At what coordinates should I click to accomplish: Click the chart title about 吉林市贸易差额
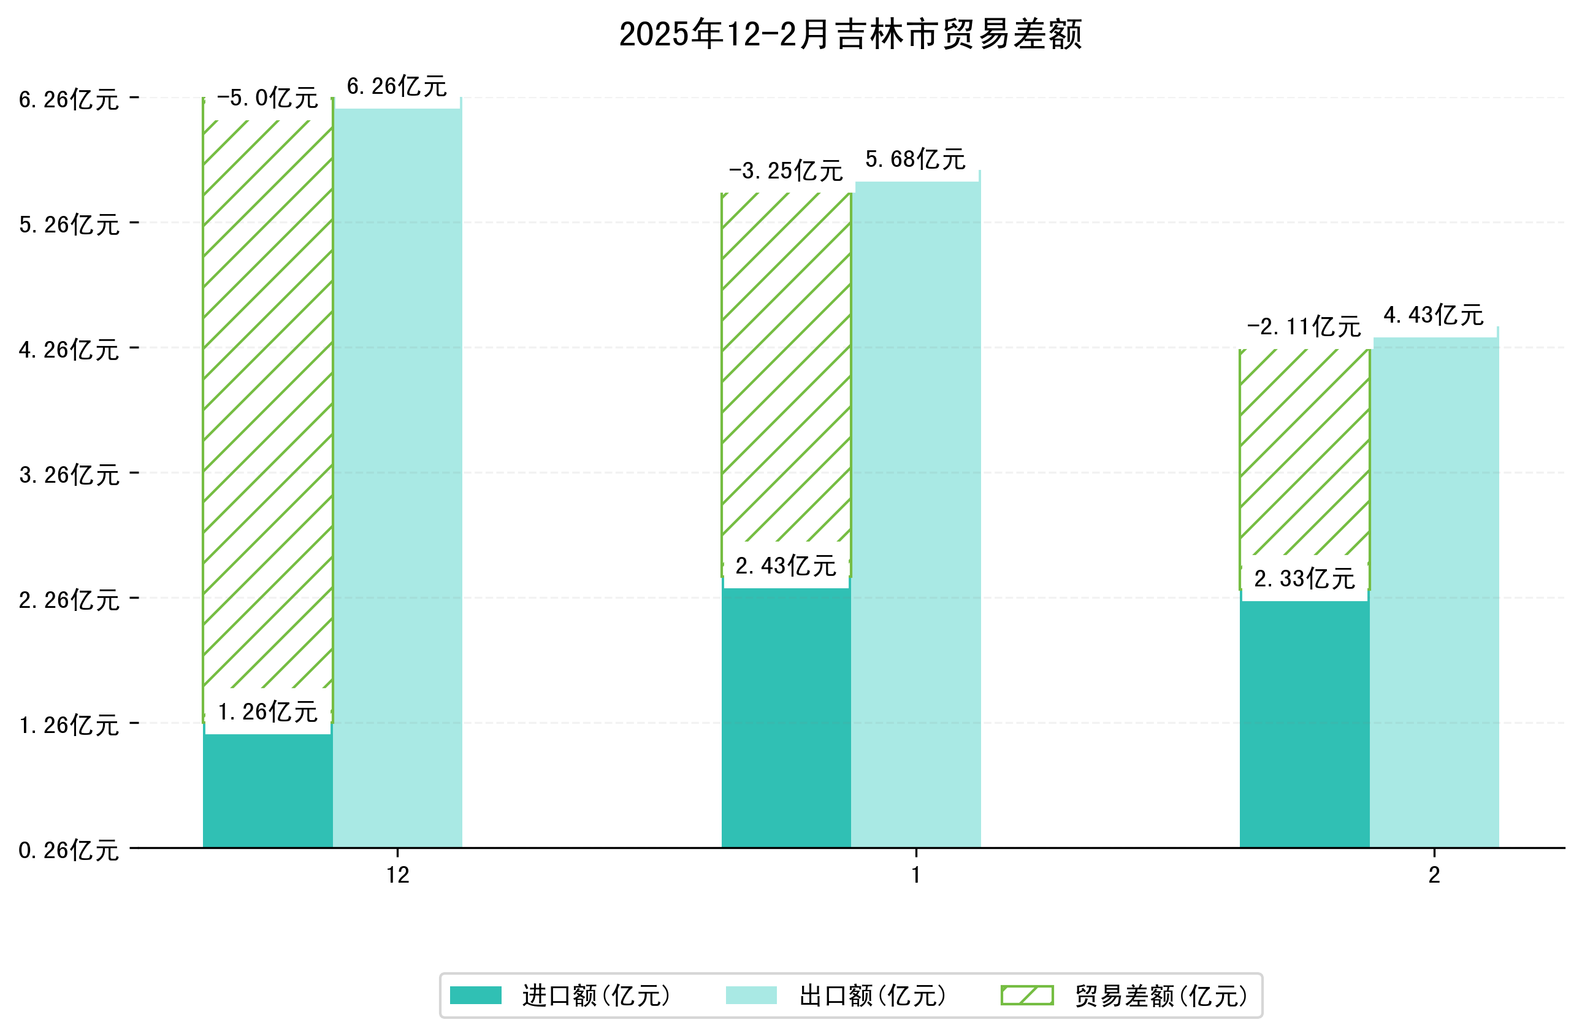[850, 34]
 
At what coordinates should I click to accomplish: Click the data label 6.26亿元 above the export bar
[397, 86]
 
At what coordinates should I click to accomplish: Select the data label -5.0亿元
[267, 98]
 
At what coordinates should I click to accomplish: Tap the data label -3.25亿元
[785, 171]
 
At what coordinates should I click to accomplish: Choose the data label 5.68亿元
[915, 159]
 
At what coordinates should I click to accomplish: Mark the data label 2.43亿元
[785, 566]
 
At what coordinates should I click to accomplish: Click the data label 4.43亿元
[1433, 315]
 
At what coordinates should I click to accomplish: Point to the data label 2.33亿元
[1304, 578]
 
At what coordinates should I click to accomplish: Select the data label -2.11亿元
[1304, 327]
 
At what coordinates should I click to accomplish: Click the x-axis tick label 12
[397, 875]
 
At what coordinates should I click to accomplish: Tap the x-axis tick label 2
[1434, 875]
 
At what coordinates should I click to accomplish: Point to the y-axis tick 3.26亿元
[69, 475]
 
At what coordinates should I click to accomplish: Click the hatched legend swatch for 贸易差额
[1026, 996]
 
